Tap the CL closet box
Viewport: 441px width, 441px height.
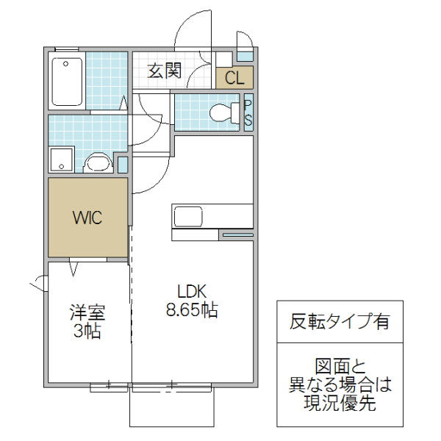234,78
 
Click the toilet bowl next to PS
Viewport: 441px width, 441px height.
223,113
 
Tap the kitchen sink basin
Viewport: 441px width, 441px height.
187,217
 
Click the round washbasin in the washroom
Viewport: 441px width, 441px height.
96,163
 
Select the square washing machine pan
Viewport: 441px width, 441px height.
61,160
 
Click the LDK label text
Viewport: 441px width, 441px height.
191,290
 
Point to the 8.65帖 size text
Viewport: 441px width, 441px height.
191,310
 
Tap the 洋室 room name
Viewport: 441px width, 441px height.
87,312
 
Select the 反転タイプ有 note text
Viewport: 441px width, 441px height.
340,322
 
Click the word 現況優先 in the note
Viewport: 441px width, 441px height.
340,402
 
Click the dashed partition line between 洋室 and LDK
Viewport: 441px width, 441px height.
131,309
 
